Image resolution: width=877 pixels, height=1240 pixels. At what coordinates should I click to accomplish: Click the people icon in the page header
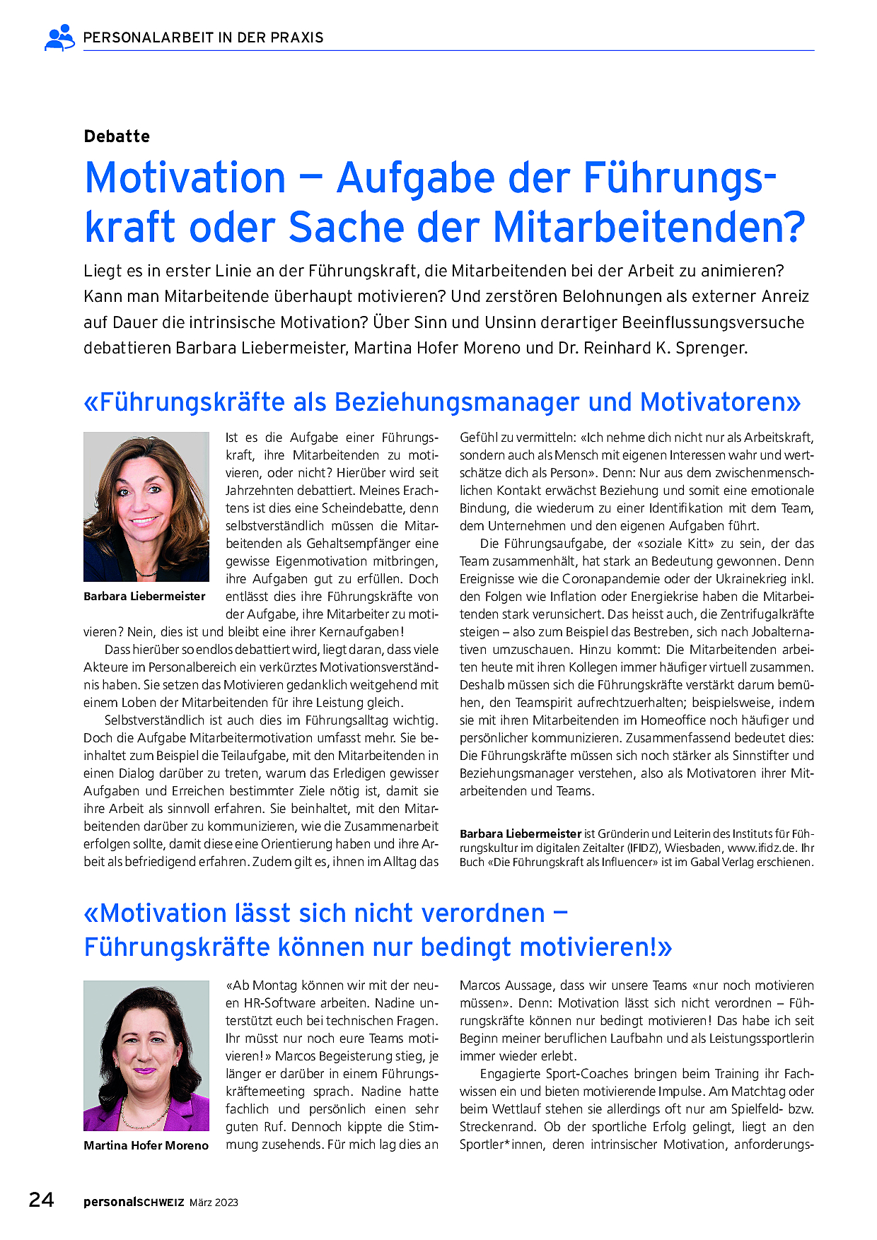[59, 37]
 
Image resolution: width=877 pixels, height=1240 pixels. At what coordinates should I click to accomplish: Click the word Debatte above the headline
[117, 136]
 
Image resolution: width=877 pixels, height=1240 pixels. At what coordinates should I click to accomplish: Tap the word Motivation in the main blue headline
[185, 177]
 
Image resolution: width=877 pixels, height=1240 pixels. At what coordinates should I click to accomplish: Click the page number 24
[41, 1200]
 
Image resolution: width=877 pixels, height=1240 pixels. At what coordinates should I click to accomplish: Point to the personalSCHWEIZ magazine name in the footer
[134, 1202]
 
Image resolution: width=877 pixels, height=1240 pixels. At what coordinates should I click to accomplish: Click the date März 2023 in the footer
[214, 1203]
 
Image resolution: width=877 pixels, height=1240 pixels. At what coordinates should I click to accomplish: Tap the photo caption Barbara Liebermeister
[144, 596]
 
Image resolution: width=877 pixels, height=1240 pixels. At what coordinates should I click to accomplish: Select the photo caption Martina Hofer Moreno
[146, 1145]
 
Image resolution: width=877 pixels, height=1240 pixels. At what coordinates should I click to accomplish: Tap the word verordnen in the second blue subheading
[484, 913]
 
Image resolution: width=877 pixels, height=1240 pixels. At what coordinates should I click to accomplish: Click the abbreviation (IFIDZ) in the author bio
[640, 848]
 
